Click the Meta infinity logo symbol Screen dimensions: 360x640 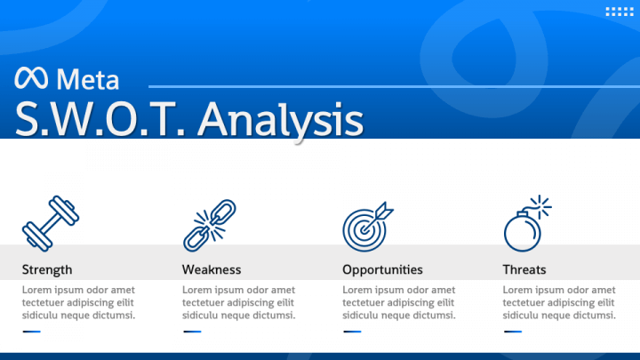click(x=32, y=79)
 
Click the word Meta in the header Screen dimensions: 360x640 click(x=87, y=79)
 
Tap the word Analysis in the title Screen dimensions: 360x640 click(x=280, y=119)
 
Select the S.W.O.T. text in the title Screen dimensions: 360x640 click(x=99, y=119)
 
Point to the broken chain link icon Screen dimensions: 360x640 click(x=210, y=224)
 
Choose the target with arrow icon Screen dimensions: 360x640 click(x=367, y=225)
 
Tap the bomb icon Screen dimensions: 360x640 click(x=524, y=228)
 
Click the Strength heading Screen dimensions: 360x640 click(x=47, y=269)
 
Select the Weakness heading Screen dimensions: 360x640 click(x=212, y=269)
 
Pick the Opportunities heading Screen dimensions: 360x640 click(x=382, y=269)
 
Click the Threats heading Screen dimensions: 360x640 click(x=524, y=269)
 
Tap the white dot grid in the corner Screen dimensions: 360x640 click(x=618, y=12)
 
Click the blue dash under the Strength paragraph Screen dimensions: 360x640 click(x=32, y=332)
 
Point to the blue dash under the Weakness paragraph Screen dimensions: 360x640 click(x=192, y=332)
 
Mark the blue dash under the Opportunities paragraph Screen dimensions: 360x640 click(x=352, y=332)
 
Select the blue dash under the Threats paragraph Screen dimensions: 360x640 click(x=512, y=332)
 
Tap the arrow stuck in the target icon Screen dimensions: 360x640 click(x=383, y=212)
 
